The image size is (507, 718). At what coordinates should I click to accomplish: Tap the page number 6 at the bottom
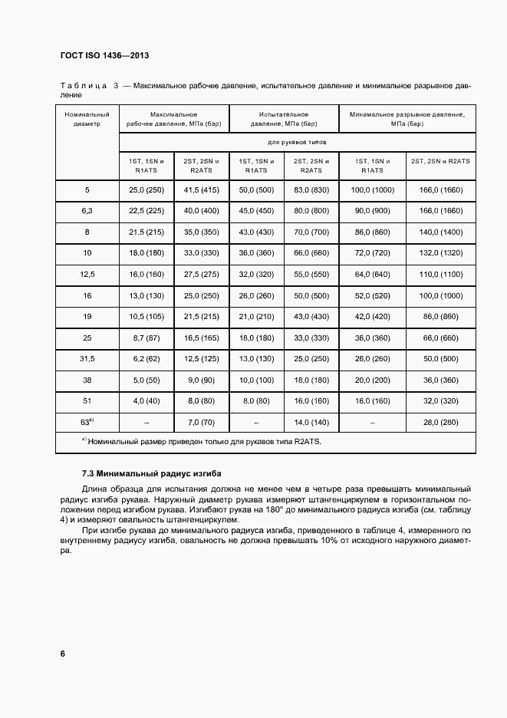(62, 654)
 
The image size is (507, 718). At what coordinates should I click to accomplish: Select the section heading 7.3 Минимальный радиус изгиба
(145, 473)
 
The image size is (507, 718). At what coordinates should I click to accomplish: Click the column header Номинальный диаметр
(87, 119)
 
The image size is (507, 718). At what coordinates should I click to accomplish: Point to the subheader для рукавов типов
(298, 142)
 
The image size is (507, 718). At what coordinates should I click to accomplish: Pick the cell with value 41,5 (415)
(201, 189)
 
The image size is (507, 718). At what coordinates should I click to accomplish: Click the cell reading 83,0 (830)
(311, 189)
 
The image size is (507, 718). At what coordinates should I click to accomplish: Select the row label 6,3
(87, 210)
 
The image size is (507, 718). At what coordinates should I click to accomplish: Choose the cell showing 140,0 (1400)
(440, 231)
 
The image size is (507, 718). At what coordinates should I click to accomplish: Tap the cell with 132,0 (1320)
(440, 252)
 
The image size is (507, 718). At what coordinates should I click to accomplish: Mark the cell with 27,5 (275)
(201, 273)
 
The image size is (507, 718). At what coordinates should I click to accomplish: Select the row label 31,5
(87, 358)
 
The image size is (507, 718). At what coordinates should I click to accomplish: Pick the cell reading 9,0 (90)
(201, 379)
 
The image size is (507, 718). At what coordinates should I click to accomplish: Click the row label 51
(87, 400)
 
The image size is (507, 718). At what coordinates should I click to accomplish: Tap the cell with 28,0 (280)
(440, 422)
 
